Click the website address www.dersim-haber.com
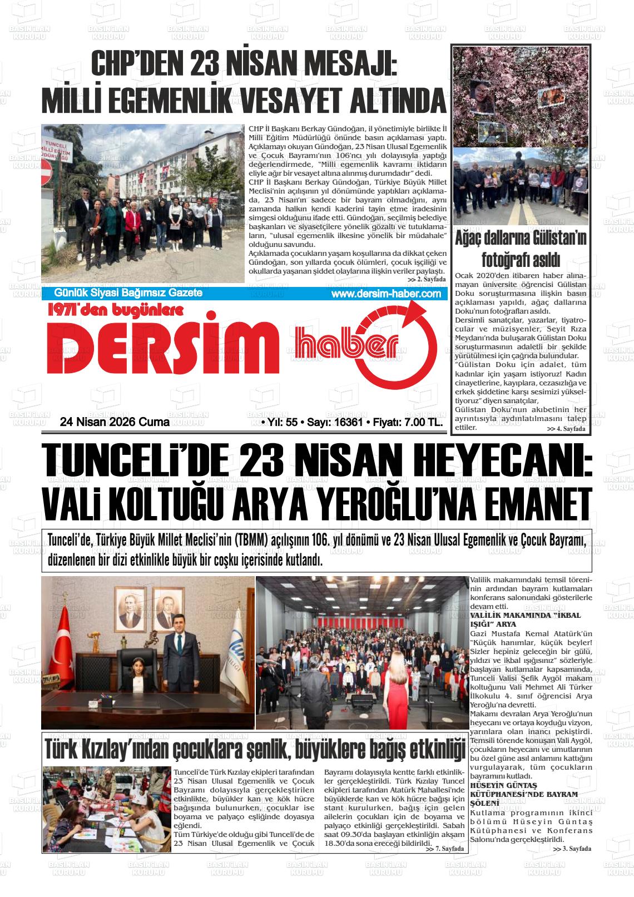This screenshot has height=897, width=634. point(385,294)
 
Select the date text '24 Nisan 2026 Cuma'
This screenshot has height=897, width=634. point(115,423)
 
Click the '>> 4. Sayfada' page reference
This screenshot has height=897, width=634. point(566,429)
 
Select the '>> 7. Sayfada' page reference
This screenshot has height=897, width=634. point(444,849)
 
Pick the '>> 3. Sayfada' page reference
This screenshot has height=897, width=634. point(572,849)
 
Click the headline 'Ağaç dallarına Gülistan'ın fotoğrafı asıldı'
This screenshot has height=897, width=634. point(521,248)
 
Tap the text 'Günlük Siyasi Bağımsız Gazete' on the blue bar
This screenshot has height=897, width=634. point(128,293)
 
